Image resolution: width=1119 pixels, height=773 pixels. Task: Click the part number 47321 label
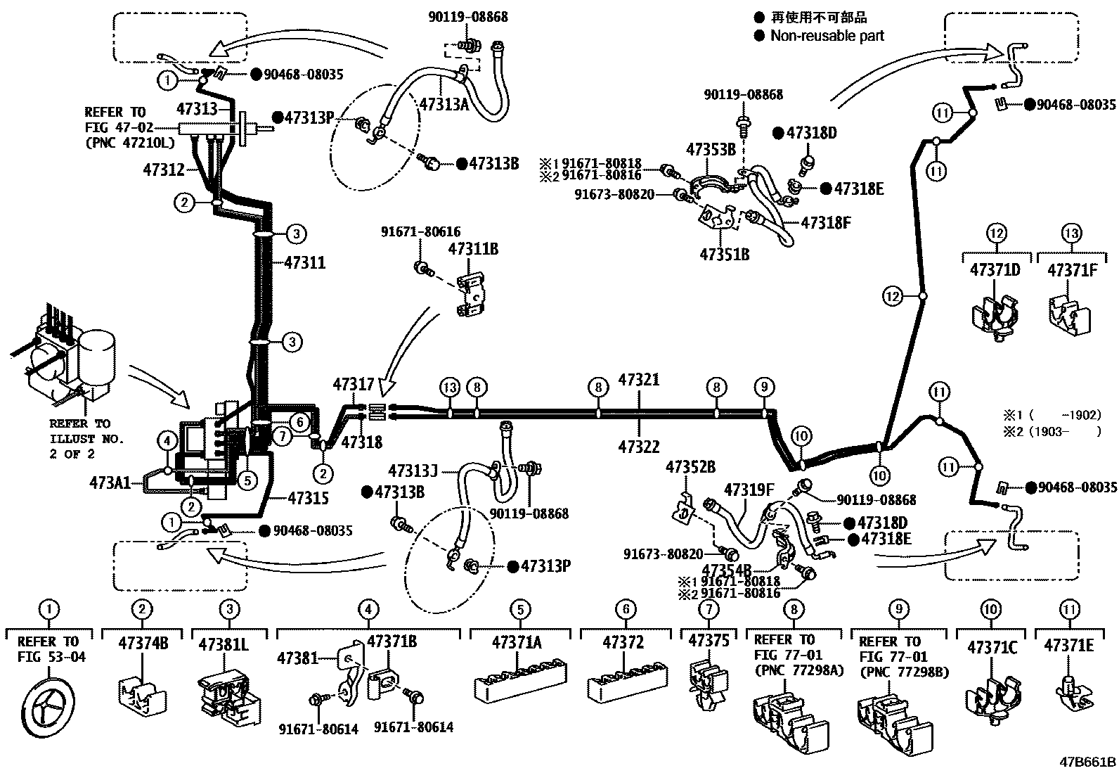click(639, 380)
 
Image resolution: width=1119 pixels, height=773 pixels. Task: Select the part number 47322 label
click(639, 446)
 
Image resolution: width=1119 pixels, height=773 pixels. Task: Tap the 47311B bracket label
click(473, 248)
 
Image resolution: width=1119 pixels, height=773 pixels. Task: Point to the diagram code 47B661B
click(1088, 761)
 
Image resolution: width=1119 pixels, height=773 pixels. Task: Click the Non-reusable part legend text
click(827, 35)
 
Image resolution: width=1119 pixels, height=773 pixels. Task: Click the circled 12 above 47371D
click(997, 233)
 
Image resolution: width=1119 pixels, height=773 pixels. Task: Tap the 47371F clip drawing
click(1069, 312)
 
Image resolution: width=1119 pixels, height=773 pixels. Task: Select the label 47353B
click(711, 149)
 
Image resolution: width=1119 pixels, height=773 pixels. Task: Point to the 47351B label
click(724, 255)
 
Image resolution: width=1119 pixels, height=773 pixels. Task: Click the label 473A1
click(110, 483)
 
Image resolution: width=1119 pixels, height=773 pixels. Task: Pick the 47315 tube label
click(309, 498)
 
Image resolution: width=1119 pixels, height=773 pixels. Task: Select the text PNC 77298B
click(903, 672)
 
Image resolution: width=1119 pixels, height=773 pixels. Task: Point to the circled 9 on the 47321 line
click(763, 387)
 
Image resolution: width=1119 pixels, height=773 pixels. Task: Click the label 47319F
click(749, 489)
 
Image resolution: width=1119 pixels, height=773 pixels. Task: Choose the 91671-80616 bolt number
click(421, 231)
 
